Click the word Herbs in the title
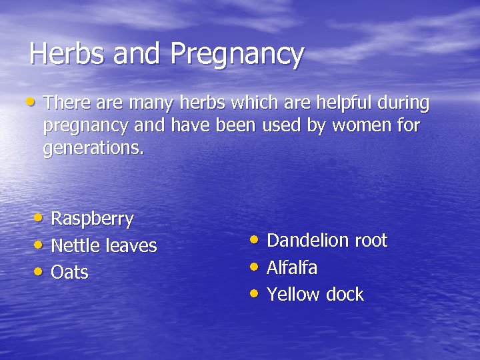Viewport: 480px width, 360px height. click(x=68, y=54)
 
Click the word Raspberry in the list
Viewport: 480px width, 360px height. click(x=92, y=219)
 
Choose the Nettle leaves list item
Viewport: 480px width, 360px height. click(x=103, y=246)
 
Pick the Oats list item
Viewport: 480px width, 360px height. click(x=69, y=273)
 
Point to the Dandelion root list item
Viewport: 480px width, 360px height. click(x=327, y=241)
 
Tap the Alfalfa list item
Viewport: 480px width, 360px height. click(x=291, y=268)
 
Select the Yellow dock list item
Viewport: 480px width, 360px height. click(x=315, y=295)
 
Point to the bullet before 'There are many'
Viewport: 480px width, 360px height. click(x=32, y=102)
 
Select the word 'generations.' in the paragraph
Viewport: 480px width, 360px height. click(x=93, y=148)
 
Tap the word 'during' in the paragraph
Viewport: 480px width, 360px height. click(x=404, y=103)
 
